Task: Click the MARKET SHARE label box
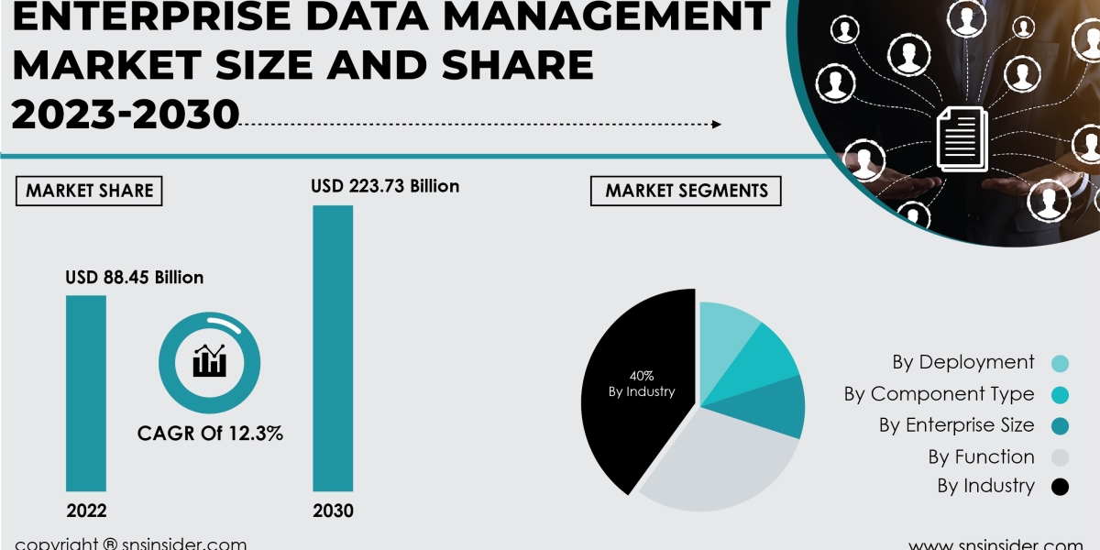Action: tap(89, 191)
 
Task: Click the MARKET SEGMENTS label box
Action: tap(686, 191)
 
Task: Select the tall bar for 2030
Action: tap(333, 348)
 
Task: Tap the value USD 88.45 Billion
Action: tap(134, 277)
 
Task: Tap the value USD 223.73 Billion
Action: tap(385, 186)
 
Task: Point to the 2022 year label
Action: tap(86, 511)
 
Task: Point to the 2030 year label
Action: tap(333, 511)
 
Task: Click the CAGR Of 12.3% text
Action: tap(210, 434)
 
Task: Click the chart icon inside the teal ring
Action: tap(209, 361)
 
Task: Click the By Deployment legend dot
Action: tap(1061, 363)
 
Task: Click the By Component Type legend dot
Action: tap(1061, 395)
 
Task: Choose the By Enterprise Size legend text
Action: tap(956, 425)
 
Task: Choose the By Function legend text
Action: tap(981, 456)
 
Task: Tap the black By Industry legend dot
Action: tap(1061, 487)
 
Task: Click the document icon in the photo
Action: tap(962, 137)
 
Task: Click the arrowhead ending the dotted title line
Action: tap(717, 125)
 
